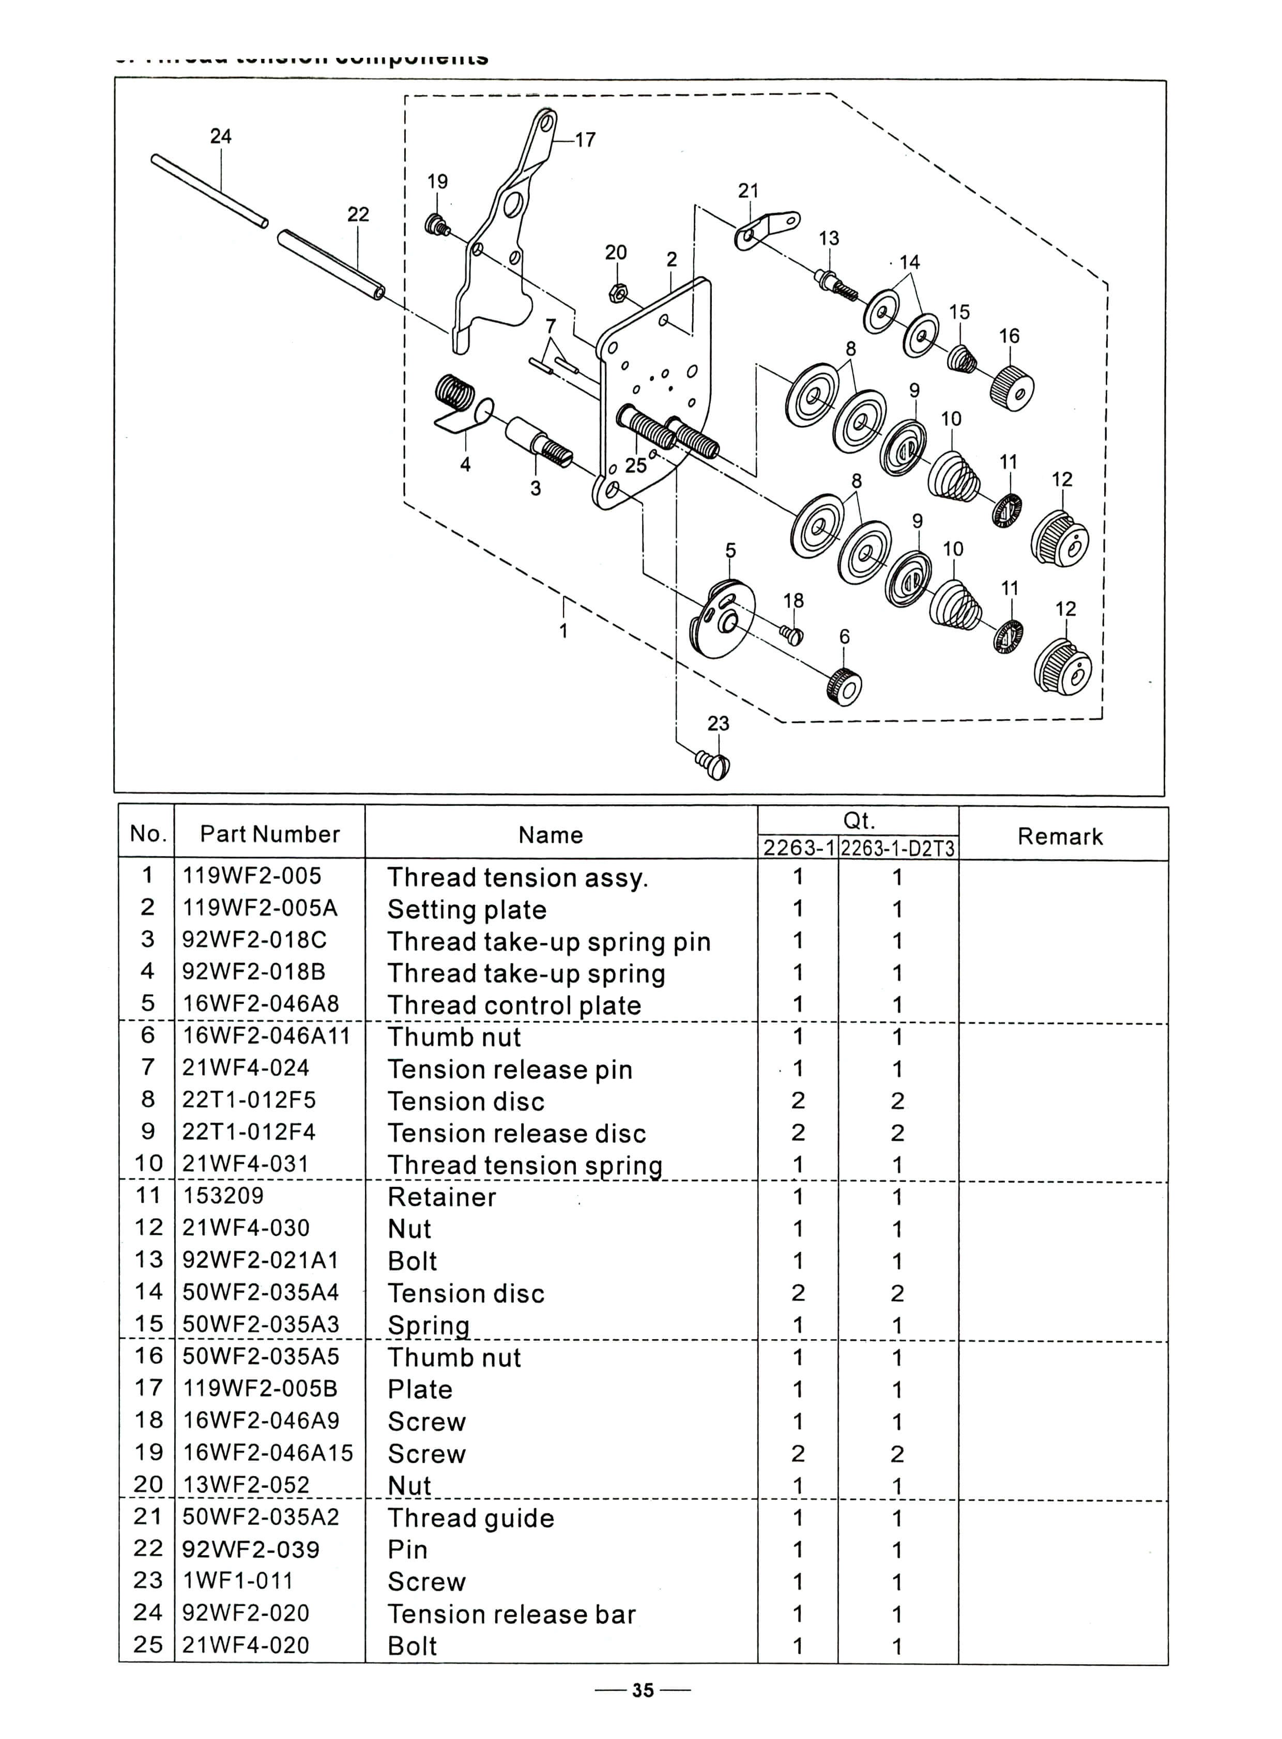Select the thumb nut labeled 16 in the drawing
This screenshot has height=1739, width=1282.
click(1012, 388)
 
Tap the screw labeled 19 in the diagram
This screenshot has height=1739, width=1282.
click(438, 226)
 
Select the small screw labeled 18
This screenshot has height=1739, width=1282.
click(792, 635)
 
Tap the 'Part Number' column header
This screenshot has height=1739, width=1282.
click(269, 834)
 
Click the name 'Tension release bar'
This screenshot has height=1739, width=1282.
click(511, 1614)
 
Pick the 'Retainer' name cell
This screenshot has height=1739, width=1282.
click(441, 1197)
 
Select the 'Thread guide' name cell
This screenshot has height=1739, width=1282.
click(470, 1518)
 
